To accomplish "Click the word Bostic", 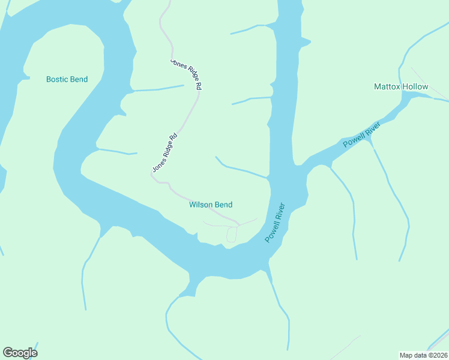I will coord(58,79).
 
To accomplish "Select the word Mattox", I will coord(387,86).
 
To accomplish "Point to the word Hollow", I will coord(415,86).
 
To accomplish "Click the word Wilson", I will coord(200,205).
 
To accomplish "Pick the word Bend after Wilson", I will coord(223,205).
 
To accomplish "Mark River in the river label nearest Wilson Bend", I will coord(281,212).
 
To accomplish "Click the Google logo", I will coord(20,353).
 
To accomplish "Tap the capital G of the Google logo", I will coord(8,353).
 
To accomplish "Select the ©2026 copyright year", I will coord(437,355).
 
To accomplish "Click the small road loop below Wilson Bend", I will coord(232,235).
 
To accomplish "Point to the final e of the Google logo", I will coord(34,353).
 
